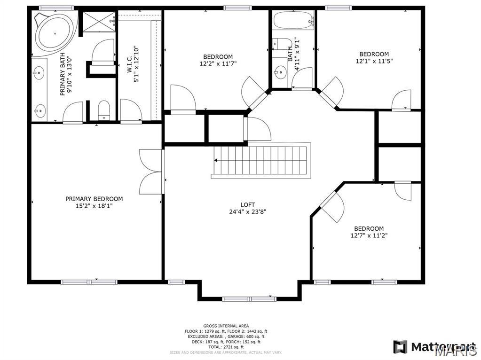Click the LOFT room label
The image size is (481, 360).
click(248, 204)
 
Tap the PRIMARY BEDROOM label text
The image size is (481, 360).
click(94, 199)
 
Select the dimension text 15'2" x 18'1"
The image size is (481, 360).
click(94, 206)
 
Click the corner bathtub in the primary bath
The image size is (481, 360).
click(54, 33)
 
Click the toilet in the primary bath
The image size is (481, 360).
click(103, 111)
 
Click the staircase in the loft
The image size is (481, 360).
click(260, 160)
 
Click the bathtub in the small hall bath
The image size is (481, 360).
click(293, 21)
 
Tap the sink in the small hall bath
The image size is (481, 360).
click(280, 72)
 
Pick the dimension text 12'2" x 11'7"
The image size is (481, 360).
click(218, 63)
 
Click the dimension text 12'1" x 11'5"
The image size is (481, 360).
click(374, 61)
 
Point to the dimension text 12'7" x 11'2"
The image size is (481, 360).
click(369, 235)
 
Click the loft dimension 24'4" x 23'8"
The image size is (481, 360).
click(248, 211)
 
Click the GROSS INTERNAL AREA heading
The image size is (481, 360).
click(226, 326)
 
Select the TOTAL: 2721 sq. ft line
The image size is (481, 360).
click(226, 347)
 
